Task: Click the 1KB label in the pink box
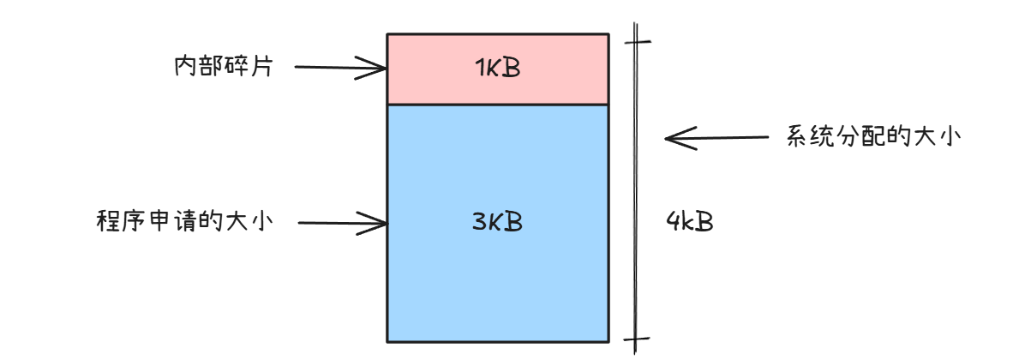(x=497, y=69)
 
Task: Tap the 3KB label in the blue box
(x=497, y=222)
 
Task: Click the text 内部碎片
(x=223, y=67)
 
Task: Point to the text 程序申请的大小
(x=185, y=222)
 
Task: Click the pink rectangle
(x=446, y=86)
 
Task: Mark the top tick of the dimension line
(x=635, y=39)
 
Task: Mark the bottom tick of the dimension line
(x=635, y=339)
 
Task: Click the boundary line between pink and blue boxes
(x=497, y=104)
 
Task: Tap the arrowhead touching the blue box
(x=379, y=224)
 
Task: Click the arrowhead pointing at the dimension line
(x=674, y=137)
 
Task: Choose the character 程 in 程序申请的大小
(x=108, y=222)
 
